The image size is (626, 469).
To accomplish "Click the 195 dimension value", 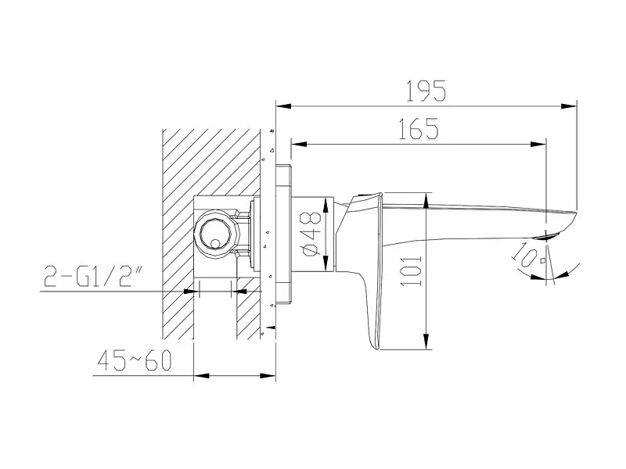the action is [426, 91].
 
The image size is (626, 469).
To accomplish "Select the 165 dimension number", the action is [419, 128].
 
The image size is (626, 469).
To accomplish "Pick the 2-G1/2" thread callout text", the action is [88, 275].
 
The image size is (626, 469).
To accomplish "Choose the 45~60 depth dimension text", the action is [135, 360].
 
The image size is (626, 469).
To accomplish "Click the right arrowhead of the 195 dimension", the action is [569, 106].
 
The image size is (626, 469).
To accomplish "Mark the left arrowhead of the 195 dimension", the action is [283, 106].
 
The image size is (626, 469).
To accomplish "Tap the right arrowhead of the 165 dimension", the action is [538, 144].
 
